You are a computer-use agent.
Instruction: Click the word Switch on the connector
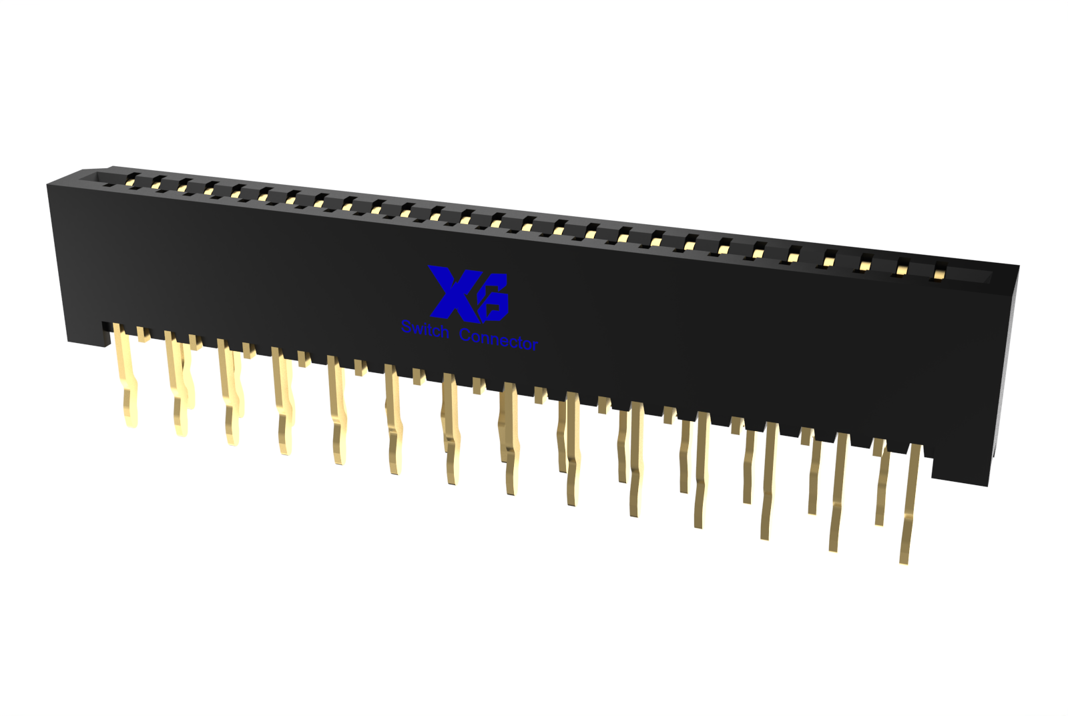click(425, 329)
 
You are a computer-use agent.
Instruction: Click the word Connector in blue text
click(499, 340)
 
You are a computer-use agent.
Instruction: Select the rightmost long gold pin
click(910, 503)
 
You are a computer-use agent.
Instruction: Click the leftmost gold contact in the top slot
click(129, 181)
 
